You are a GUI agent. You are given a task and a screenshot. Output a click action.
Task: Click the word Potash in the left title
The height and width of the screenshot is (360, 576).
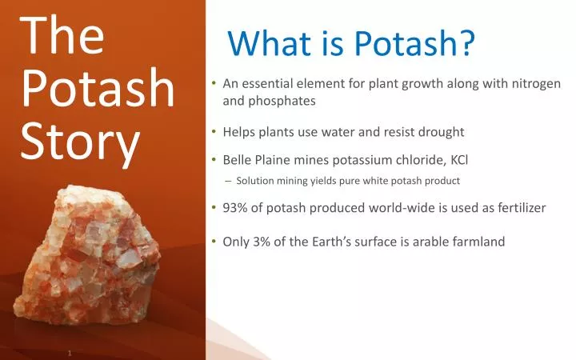97,90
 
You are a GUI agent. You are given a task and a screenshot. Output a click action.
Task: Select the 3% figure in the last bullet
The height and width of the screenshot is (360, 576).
262,241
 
